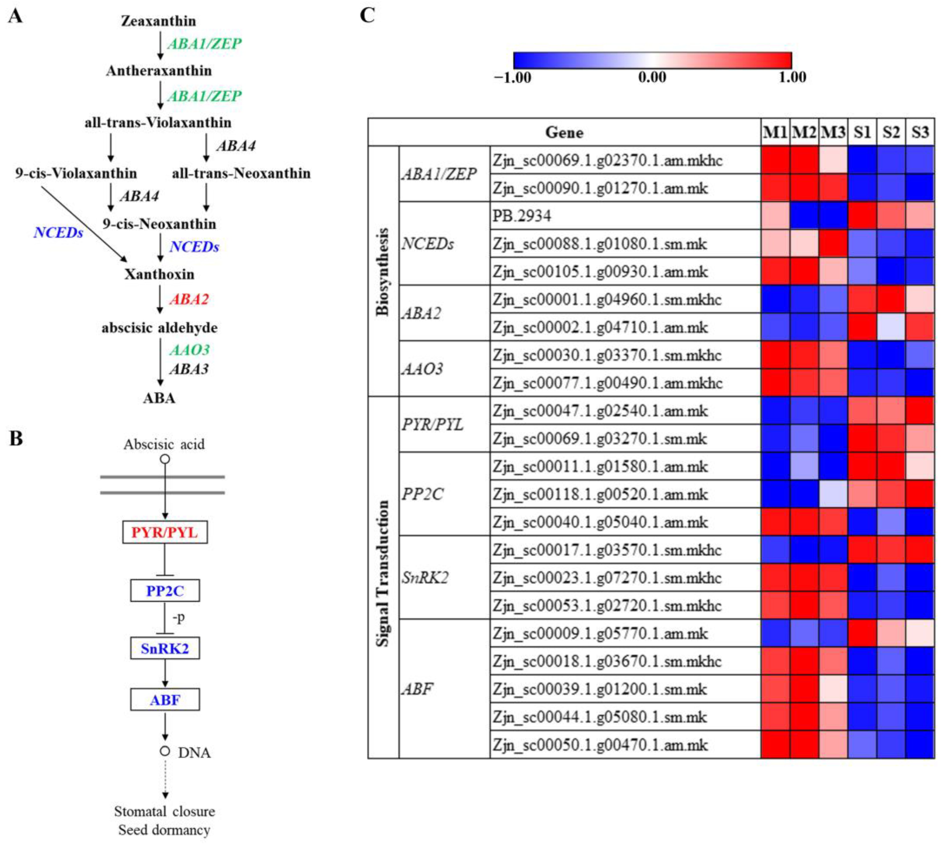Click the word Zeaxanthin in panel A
click(x=158, y=21)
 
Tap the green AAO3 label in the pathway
click(x=189, y=349)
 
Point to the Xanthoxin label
click(x=159, y=274)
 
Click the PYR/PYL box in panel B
click(x=165, y=532)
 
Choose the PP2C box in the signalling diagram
click(x=165, y=591)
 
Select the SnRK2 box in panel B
click(x=165, y=648)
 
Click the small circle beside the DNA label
click(x=165, y=751)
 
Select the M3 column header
click(x=833, y=133)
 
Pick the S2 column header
click(x=891, y=133)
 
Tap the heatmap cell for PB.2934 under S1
click(x=862, y=215)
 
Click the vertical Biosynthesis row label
click(x=383, y=272)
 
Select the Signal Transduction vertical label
click(x=383, y=573)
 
